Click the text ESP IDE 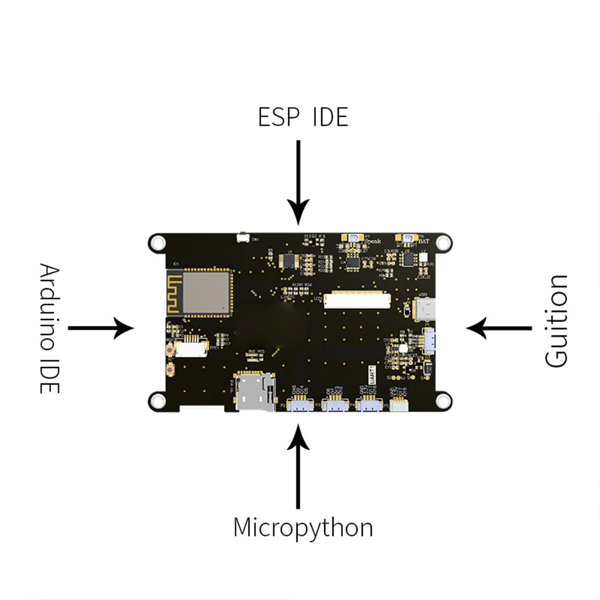(x=303, y=117)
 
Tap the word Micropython (x=303, y=528)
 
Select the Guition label (x=556, y=321)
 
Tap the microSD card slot (x=255, y=391)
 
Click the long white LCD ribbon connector (x=358, y=301)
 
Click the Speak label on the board (x=372, y=241)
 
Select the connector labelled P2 (x=300, y=404)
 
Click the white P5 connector (x=399, y=405)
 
